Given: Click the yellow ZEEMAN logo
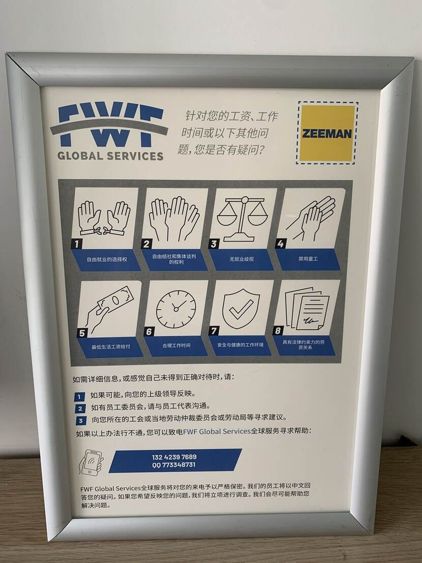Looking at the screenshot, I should click(x=327, y=133).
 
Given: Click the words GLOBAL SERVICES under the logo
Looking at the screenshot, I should click(x=110, y=156).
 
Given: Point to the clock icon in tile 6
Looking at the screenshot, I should click(x=175, y=308).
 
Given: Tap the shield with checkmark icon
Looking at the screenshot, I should click(x=241, y=308).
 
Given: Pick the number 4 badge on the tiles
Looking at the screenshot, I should click(x=280, y=244).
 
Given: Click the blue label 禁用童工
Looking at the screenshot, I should click(x=308, y=259).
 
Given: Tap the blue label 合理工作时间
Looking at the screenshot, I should click(x=176, y=345).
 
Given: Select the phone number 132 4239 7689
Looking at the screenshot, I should click(x=174, y=457).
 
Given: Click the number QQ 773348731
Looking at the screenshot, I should click(x=174, y=465).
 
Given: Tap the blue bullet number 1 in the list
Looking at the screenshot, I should click(x=80, y=396).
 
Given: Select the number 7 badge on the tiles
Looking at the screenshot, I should click(x=214, y=331).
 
